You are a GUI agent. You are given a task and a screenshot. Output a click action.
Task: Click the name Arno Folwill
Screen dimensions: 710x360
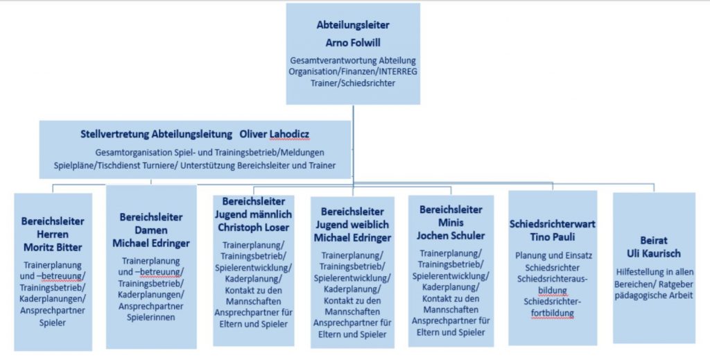(353, 42)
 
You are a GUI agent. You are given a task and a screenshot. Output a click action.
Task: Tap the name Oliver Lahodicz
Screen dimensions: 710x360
(275, 135)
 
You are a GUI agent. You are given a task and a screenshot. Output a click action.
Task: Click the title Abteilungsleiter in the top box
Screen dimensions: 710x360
(353, 25)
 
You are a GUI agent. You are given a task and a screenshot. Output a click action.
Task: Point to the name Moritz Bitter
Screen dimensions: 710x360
(53, 247)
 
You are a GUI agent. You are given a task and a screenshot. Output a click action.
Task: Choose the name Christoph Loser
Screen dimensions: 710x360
(253, 228)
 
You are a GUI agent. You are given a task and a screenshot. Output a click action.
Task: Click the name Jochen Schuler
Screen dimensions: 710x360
(451, 235)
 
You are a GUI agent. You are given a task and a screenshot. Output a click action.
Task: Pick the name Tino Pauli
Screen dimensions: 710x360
(553, 237)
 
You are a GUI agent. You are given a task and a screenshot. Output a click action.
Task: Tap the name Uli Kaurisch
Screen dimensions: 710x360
(653, 253)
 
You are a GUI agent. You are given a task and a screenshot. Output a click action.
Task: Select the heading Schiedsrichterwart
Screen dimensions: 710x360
(553, 223)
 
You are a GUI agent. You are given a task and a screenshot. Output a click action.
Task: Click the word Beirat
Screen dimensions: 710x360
(653, 240)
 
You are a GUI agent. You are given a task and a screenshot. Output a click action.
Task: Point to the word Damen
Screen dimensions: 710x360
(150, 230)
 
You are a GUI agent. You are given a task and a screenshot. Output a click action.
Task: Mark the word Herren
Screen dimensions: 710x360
(53, 234)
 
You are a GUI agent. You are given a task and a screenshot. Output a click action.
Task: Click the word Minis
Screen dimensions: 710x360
(451, 223)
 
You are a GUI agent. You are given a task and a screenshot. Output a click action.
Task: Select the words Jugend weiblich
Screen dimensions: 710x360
(352, 225)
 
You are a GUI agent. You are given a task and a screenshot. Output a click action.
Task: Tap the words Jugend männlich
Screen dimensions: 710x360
(253, 214)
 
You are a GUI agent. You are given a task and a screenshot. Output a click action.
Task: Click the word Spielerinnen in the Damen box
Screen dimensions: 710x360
(150, 318)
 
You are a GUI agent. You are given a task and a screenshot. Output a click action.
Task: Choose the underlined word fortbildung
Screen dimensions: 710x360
(553, 313)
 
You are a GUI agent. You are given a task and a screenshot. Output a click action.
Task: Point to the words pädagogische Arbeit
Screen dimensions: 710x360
(653, 295)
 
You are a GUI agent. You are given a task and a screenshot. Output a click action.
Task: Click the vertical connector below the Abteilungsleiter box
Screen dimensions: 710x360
(353, 144)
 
